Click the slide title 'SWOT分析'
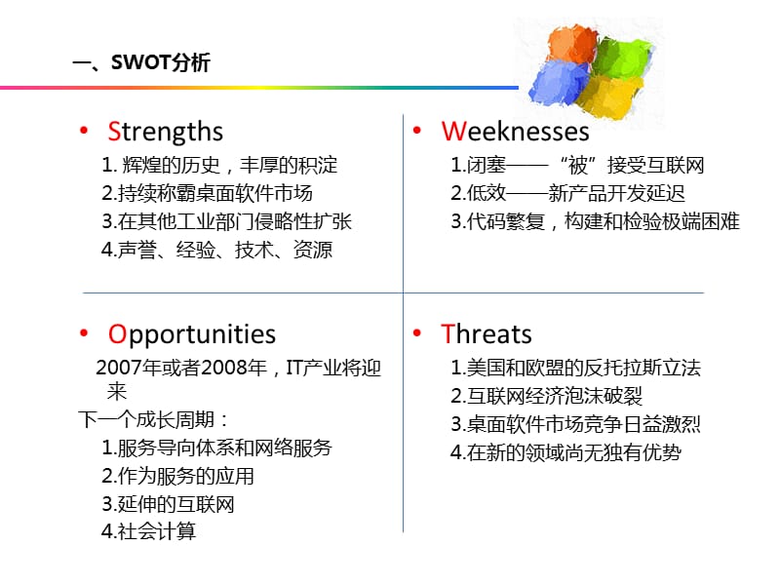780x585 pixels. (160, 62)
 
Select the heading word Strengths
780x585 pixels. (165, 133)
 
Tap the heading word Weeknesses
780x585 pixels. (515, 132)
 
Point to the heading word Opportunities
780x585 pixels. (191, 335)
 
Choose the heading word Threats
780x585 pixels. (486, 334)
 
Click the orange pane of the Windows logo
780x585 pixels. (572, 44)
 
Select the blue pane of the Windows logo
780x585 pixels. (557, 83)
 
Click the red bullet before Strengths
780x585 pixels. (84, 131)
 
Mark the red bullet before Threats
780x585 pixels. (417, 333)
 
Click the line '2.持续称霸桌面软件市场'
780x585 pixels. (207, 193)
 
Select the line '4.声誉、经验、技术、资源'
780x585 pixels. (216, 250)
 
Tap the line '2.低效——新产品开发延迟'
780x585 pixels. (567, 193)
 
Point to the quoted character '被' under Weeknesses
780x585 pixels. (578, 166)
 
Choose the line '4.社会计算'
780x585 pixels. (149, 531)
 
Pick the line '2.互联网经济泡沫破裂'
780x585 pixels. (547, 396)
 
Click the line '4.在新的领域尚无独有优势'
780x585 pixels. (565, 452)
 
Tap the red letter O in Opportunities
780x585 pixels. (117, 334)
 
